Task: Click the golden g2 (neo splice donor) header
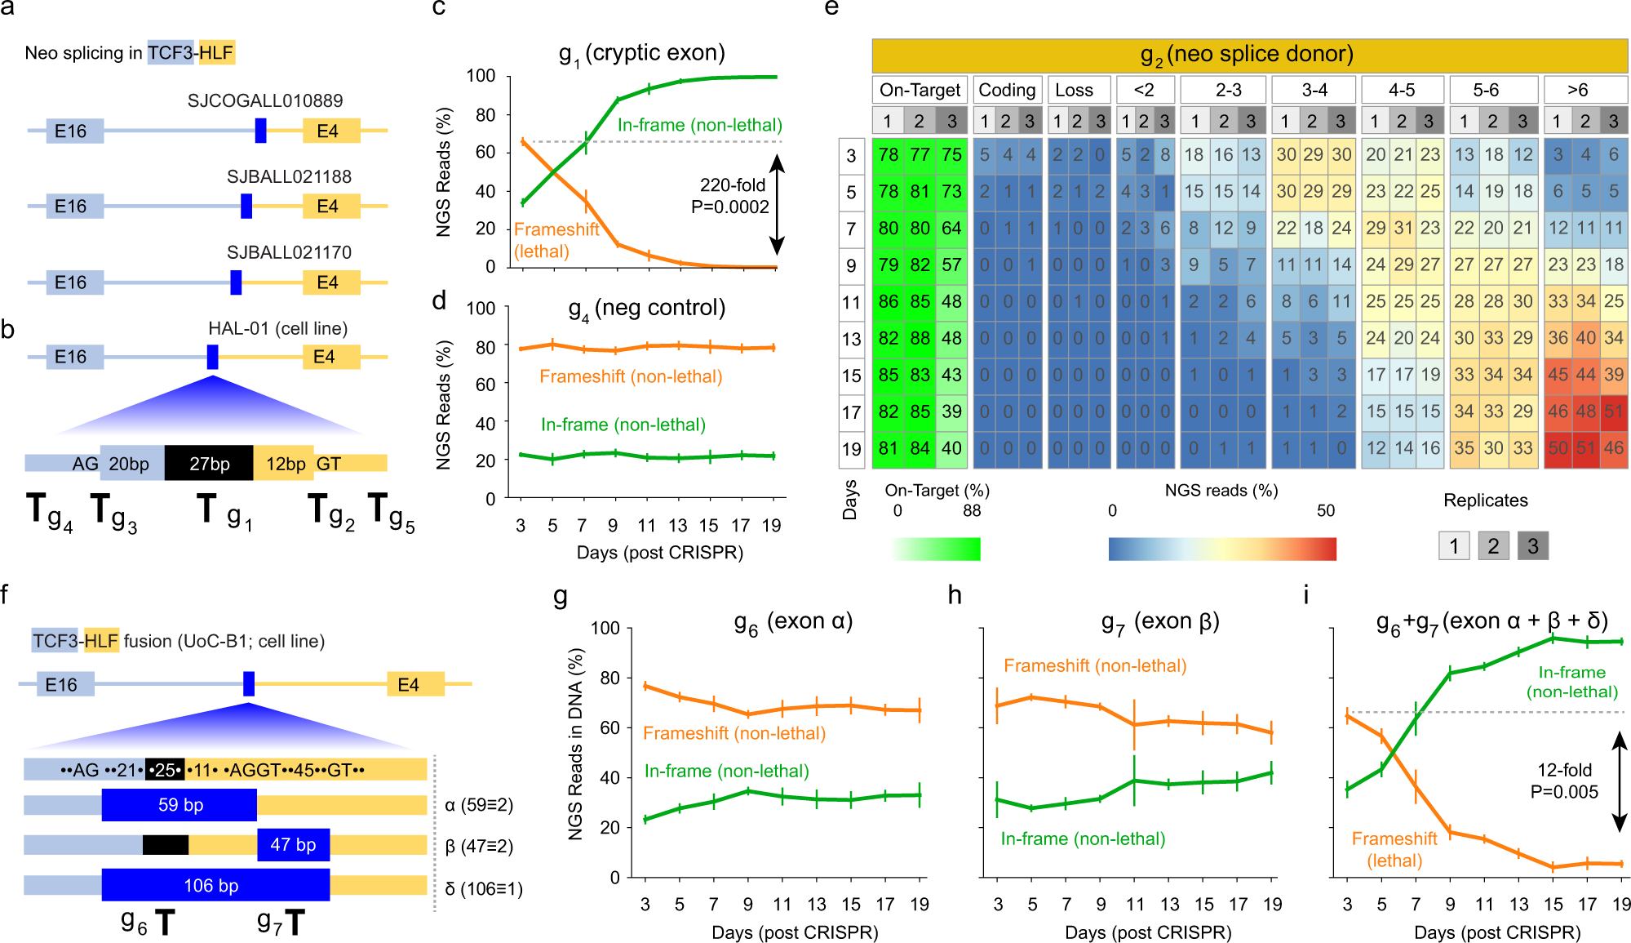[x=1248, y=55]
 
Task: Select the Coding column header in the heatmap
[x=1007, y=90]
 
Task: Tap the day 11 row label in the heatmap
[x=851, y=302]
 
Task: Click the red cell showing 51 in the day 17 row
[x=1613, y=411]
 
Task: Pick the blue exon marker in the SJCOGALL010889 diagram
[x=260, y=131]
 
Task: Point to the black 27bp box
[x=209, y=464]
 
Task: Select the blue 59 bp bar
[x=179, y=805]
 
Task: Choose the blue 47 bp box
[x=293, y=845]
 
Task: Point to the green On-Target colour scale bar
[x=936, y=549]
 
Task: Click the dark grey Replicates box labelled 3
[x=1532, y=545]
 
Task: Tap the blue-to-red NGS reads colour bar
[x=1221, y=549]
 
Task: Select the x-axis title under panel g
[x=794, y=932]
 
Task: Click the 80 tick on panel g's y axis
[x=609, y=678]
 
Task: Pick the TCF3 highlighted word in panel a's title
[x=170, y=53]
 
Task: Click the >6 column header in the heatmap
[x=1577, y=90]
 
